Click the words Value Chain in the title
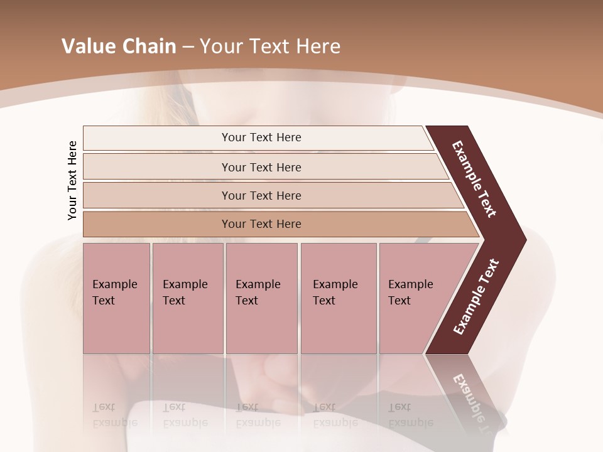click(x=119, y=46)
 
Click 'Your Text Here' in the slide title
click(x=270, y=46)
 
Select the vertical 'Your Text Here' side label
click(x=73, y=180)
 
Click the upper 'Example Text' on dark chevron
click(x=474, y=179)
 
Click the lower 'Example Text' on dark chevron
click(x=476, y=297)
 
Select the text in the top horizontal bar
click(x=261, y=137)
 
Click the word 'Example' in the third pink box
click(x=258, y=284)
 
